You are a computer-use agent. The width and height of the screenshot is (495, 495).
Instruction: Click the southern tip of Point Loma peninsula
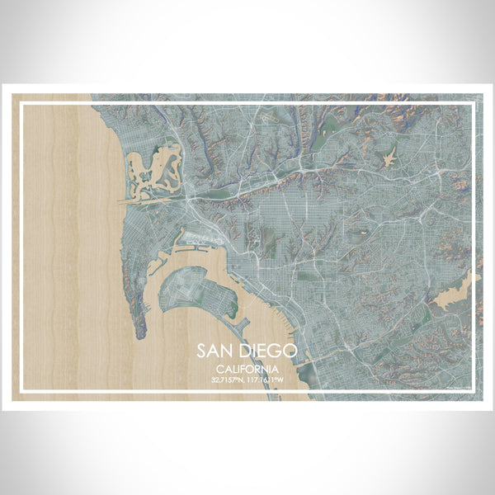139,333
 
